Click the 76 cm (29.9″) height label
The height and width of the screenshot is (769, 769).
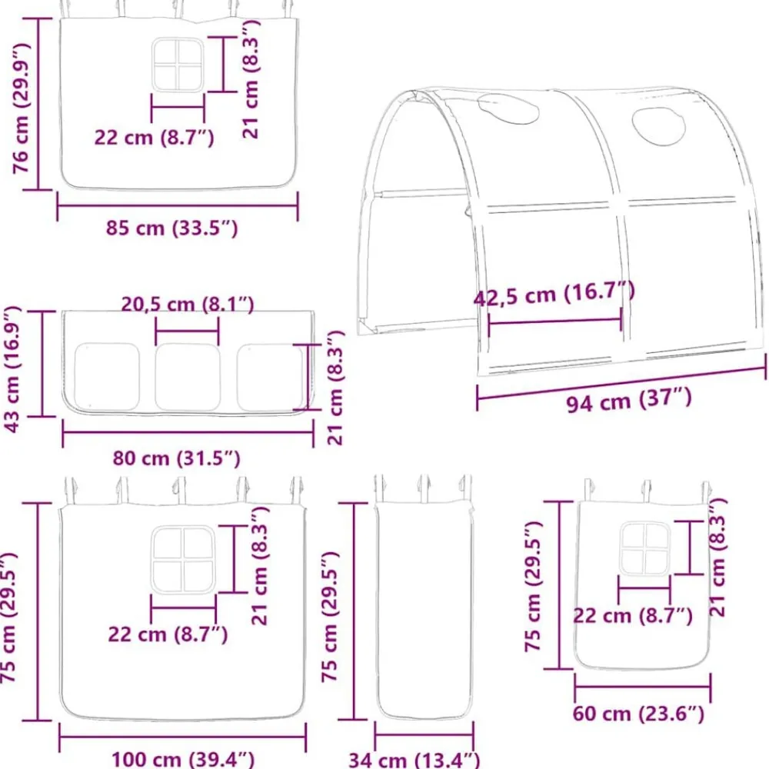[x=21, y=108]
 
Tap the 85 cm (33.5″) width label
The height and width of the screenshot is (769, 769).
[x=172, y=228]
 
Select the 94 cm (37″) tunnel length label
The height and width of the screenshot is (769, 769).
[x=629, y=400]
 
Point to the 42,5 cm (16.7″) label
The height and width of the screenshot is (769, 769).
[x=554, y=295]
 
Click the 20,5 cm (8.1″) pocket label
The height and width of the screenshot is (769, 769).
[x=188, y=305]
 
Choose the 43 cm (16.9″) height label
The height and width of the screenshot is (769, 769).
[x=13, y=369]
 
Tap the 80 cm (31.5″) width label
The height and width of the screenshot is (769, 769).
[x=177, y=458]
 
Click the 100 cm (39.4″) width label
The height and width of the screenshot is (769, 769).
[x=183, y=759]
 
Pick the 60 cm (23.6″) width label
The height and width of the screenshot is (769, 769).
[x=638, y=714]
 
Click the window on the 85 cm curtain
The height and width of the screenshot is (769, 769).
[x=178, y=65]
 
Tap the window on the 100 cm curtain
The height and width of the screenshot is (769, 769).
[x=184, y=560]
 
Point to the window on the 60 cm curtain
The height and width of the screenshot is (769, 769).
[x=644, y=548]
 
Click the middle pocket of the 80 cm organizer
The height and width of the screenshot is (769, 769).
[x=188, y=377]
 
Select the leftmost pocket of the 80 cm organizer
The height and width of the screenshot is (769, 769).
[x=106, y=377]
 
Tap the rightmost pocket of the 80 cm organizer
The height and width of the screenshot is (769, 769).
[x=271, y=377]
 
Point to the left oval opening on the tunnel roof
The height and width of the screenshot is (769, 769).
[x=508, y=109]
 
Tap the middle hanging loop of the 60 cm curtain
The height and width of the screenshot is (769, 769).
[x=647, y=491]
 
